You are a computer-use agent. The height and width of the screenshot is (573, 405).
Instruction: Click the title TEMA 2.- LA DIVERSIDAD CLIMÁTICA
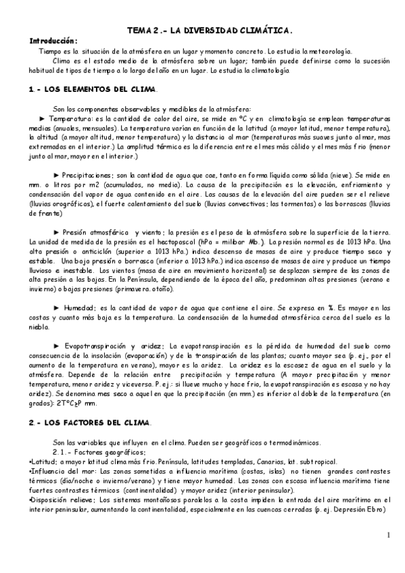210,30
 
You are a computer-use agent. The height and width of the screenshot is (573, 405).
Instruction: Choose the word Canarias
262,461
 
